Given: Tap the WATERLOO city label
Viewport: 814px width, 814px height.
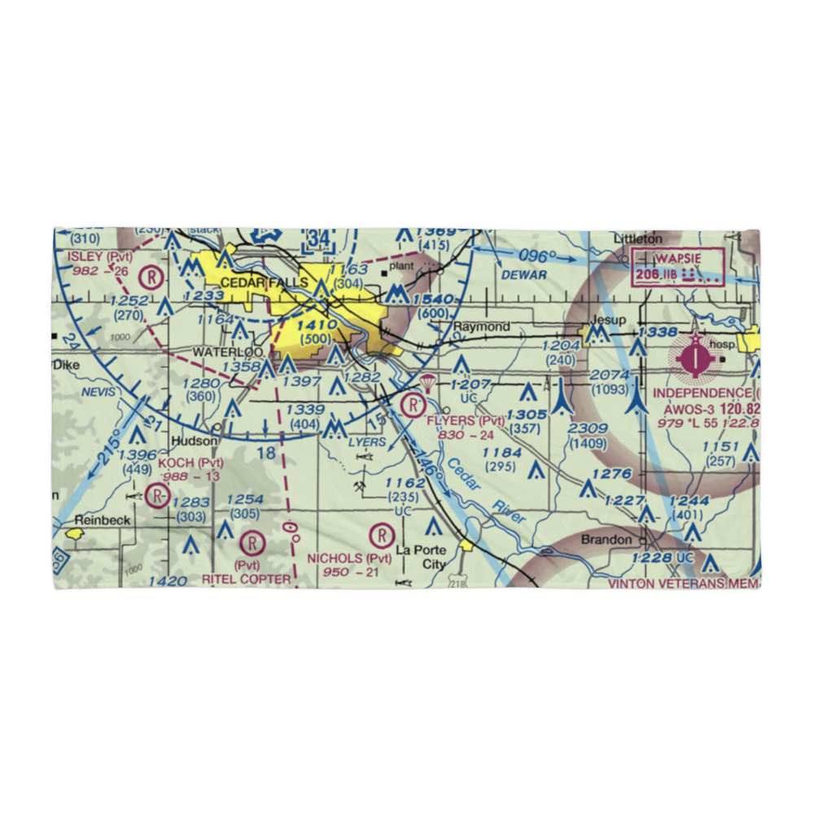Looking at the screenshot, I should pos(228,352).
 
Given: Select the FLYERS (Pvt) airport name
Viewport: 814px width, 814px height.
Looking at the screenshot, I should pos(466,421).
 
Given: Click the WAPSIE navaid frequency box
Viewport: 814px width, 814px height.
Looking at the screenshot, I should pos(677,266).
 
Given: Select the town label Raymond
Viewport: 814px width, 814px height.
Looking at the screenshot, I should pos(481,327).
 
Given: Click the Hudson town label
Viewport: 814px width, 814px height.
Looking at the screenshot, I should pos(195,441).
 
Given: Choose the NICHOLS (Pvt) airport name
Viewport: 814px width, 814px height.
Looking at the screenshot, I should pos(349,558).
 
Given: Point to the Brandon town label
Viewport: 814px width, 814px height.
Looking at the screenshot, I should pos(606,540).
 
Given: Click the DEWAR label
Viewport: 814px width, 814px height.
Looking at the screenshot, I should pos(523,275).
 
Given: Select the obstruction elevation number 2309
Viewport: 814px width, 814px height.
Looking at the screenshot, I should pos(588,428).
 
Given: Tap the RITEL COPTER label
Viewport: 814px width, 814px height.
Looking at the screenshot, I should pos(247,579).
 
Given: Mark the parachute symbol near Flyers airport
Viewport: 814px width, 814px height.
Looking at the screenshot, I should pos(427,383).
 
